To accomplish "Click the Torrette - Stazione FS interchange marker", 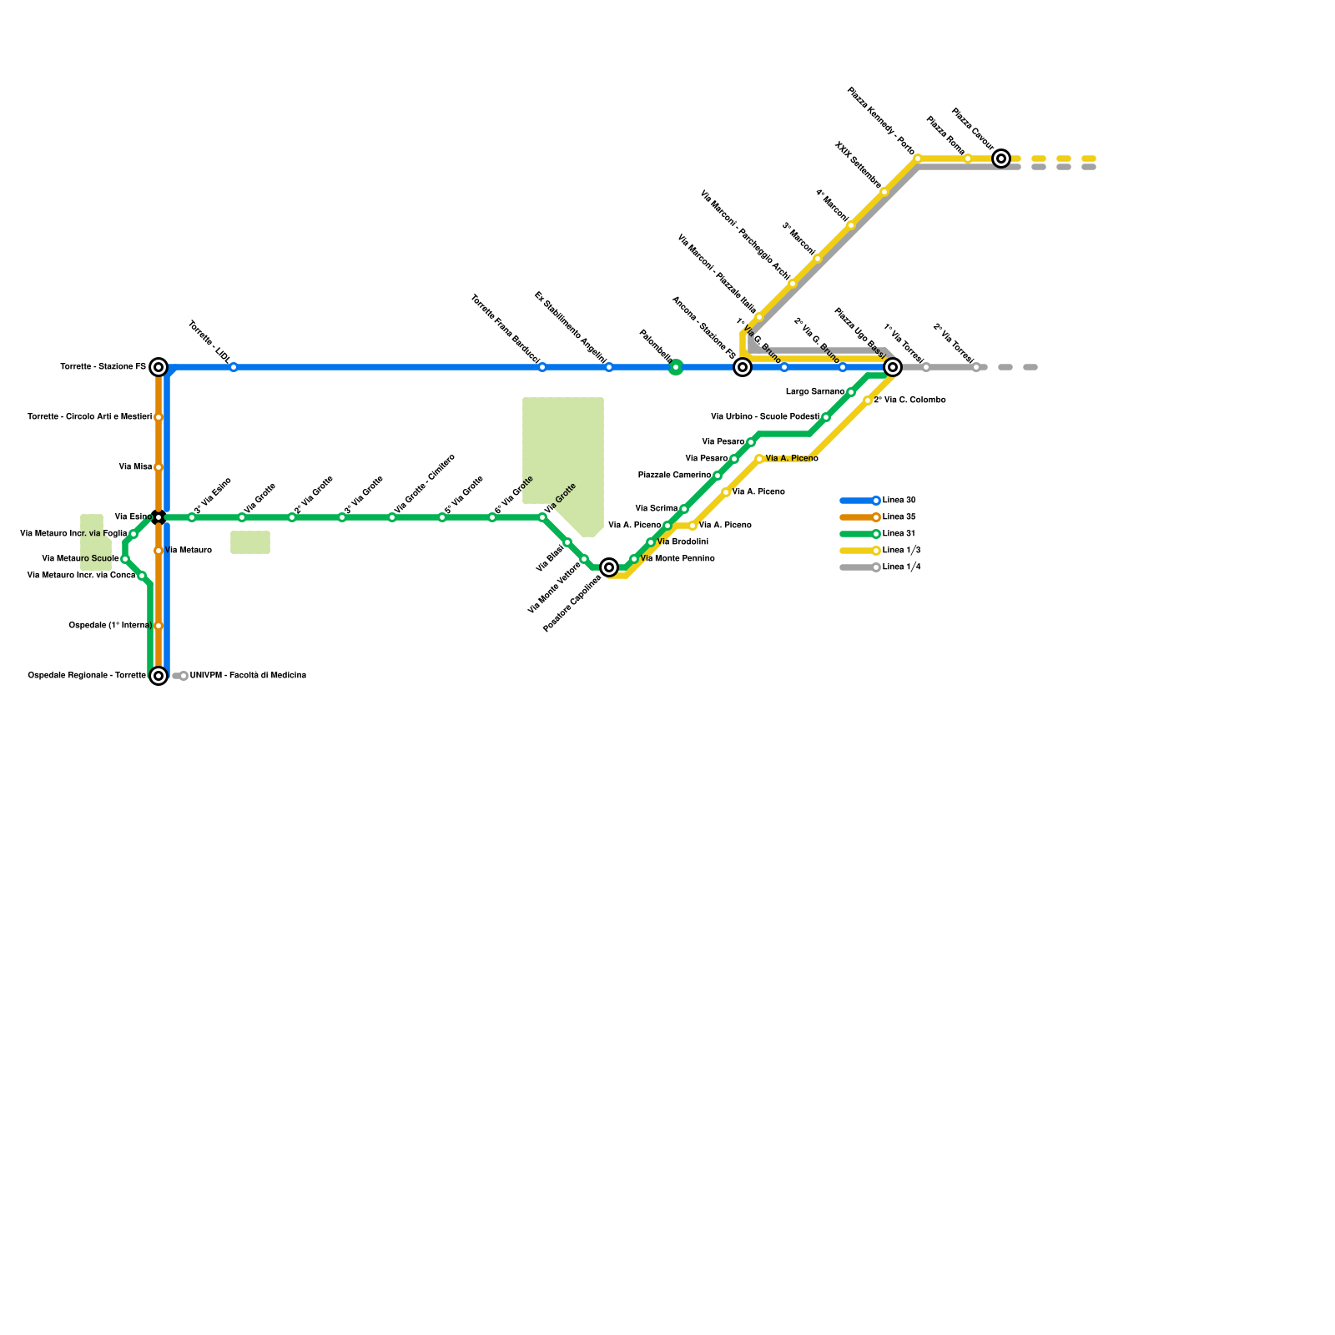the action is (159, 367).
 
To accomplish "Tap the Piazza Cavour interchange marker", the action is (1001, 159).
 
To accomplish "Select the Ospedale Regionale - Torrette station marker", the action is (159, 676).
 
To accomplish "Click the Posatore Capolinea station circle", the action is (609, 567).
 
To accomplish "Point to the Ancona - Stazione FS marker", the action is (743, 367).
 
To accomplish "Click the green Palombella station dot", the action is (676, 367).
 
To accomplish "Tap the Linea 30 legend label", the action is (899, 501).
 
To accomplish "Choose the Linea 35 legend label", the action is (899, 517).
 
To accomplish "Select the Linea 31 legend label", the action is (899, 534).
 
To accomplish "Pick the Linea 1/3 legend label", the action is (902, 551).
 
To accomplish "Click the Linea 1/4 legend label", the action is (902, 567).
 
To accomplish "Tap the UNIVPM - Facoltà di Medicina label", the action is (248, 676).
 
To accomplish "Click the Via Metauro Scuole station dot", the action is (125, 559).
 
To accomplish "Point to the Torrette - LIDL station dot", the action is (234, 367).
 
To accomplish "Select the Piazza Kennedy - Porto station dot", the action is (918, 159).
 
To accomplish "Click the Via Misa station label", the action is (135, 467).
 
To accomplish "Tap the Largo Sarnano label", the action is (815, 392).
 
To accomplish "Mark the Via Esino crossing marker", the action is (159, 517).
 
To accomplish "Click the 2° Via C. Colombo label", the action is (909, 400).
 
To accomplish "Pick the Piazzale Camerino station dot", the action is (718, 476).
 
